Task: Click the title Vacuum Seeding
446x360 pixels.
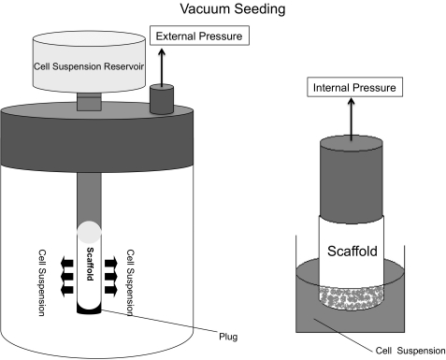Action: [233, 8]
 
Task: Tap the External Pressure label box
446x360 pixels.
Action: [199, 36]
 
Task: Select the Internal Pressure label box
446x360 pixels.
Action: [354, 87]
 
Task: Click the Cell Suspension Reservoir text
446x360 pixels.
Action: [89, 66]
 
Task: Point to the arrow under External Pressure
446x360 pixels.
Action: [162, 67]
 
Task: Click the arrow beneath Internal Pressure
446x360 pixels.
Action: [352, 119]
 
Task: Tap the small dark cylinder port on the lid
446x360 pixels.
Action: [162, 99]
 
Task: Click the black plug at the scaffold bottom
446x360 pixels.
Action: [89, 310]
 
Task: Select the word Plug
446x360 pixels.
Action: [228, 337]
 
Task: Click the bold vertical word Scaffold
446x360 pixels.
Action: [90, 264]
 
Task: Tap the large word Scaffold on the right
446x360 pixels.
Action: [352, 251]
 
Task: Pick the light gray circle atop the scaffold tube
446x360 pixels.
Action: [90, 232]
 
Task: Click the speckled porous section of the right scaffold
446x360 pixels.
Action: [352, 298]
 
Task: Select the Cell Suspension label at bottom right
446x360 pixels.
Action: [410, 351]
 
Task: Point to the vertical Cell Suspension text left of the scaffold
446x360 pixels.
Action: [42, 282]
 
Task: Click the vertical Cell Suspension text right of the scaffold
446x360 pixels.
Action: [130, 282]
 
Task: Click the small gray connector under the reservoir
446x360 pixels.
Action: [89, 102]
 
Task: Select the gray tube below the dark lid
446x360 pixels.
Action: [89, 197]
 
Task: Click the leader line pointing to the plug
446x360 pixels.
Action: [159, 321]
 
